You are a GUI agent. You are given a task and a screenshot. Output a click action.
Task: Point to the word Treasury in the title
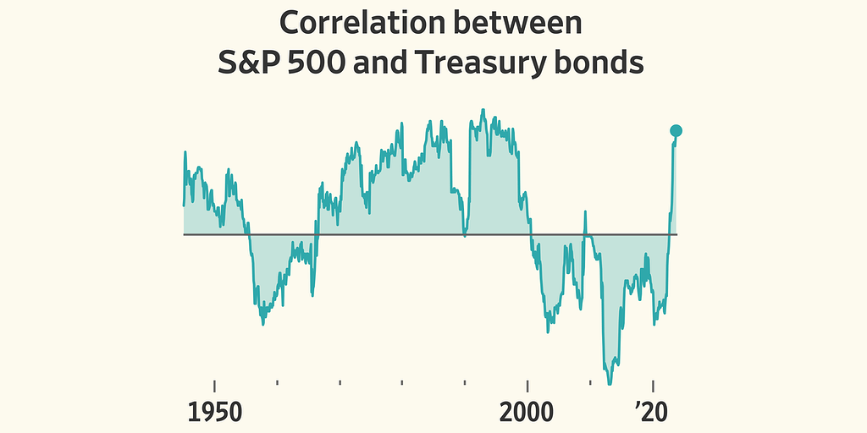[x=494, y=63]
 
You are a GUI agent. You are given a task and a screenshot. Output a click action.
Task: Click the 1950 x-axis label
[x=214, y=413]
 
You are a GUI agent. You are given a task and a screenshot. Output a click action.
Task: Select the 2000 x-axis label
[x=527, y=413]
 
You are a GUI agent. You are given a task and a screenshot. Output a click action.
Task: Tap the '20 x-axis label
[x=653, y=413]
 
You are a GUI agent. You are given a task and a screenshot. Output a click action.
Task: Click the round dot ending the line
[x=676, y=130]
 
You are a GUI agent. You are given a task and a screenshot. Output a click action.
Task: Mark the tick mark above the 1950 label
[x=214, y=385]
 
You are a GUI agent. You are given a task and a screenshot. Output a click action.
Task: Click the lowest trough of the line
[x=609, y=382]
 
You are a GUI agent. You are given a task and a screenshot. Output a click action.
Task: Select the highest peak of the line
[x=483, y=110]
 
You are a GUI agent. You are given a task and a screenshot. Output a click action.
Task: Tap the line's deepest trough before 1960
[x=262, y=324]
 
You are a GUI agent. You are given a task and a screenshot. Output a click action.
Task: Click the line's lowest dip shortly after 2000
[x=548, y=332]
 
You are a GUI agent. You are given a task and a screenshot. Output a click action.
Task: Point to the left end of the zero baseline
[x=185, y=234]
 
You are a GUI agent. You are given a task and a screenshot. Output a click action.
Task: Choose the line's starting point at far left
[x=184, y=205]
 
